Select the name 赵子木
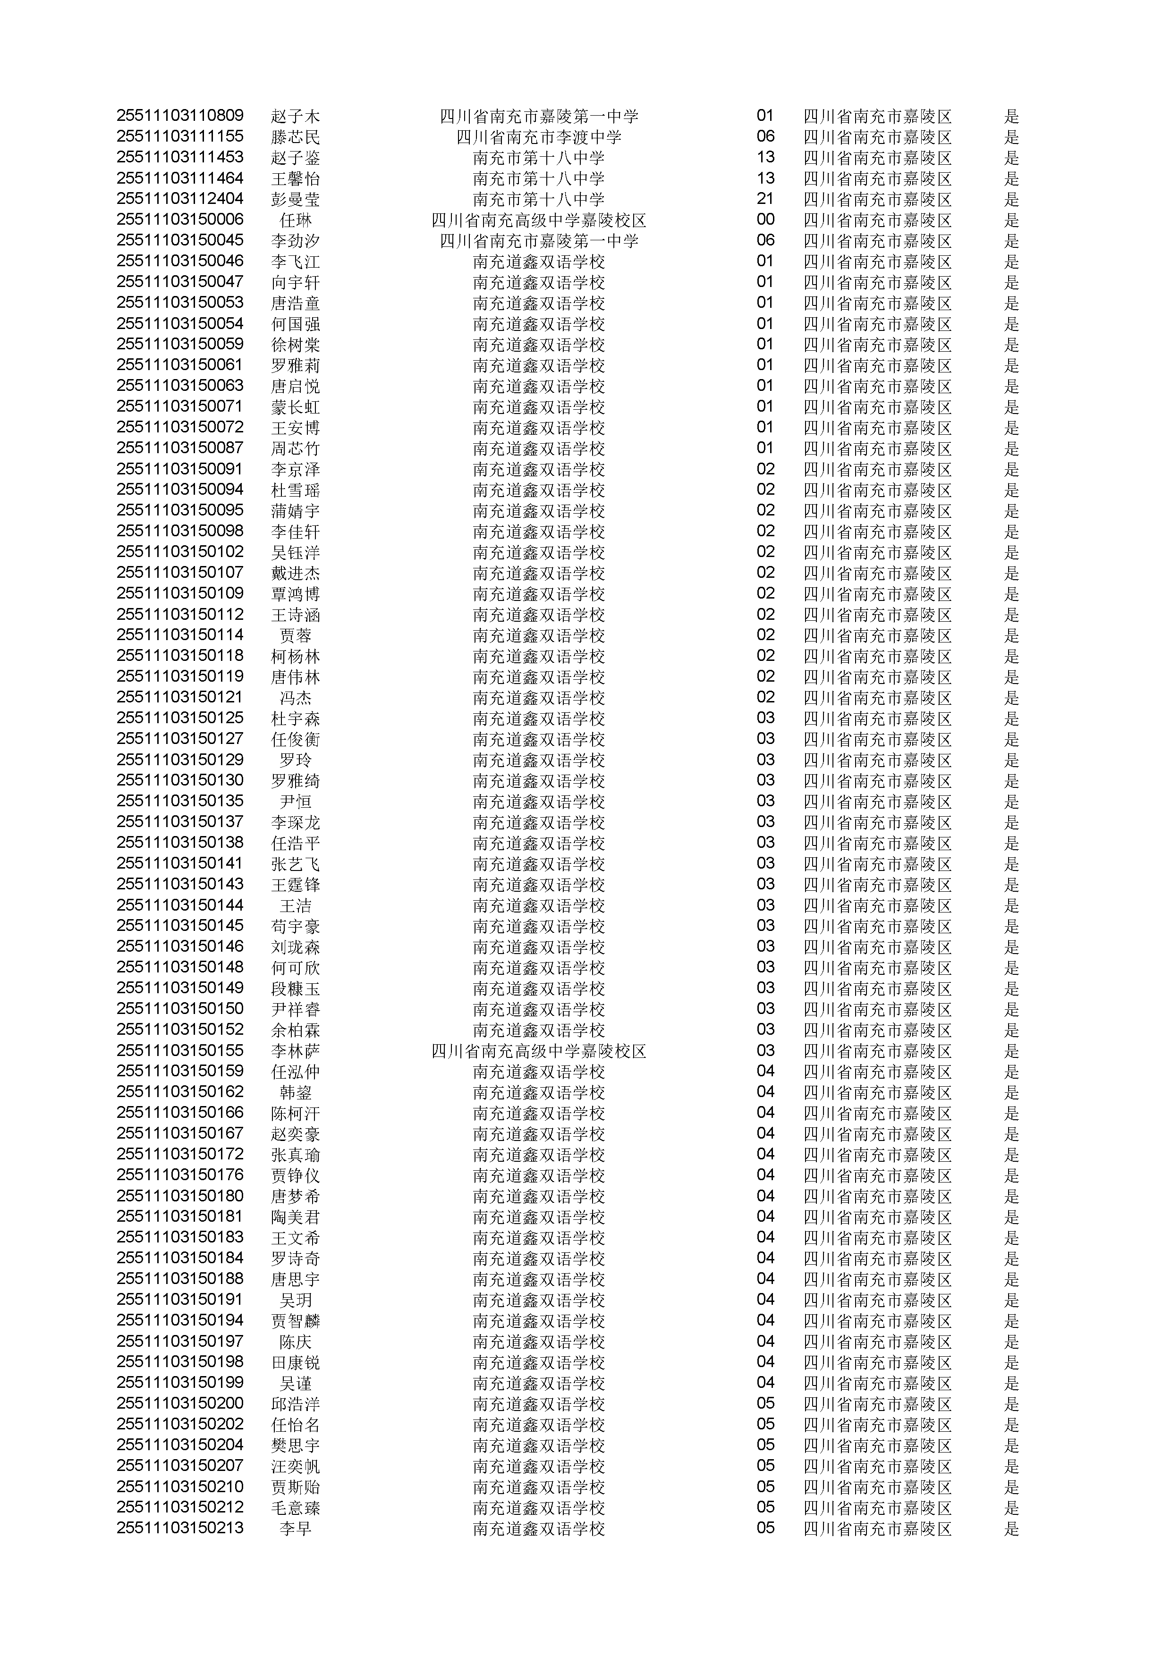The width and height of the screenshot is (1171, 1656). [x=295, y=116]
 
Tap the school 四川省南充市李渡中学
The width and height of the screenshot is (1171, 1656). [x=538, y=137]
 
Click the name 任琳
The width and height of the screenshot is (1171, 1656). [x=295, y=220]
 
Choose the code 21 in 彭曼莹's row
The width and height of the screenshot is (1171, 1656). [x=765, y=199]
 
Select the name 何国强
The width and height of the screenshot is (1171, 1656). [x=295, y=324]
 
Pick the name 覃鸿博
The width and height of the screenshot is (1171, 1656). [x=295, y=593]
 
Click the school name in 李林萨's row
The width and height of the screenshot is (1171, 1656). [x=538, y=1051]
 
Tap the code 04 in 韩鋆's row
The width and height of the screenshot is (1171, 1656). [x=765, y=1092]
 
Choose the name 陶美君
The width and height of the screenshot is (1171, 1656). [x=295, y=1217]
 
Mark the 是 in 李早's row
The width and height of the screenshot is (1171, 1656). [x=1011, y=1529]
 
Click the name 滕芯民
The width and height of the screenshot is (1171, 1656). [x=295, y=137]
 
